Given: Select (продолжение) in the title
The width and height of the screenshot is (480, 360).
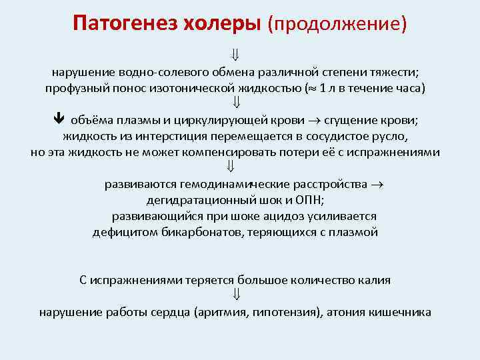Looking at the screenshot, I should click(x=337, y=24).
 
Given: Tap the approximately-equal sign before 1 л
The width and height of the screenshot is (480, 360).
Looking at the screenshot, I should click(x=311, y=88).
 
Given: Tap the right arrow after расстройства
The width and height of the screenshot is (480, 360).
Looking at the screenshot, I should click(x=389, y=185).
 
